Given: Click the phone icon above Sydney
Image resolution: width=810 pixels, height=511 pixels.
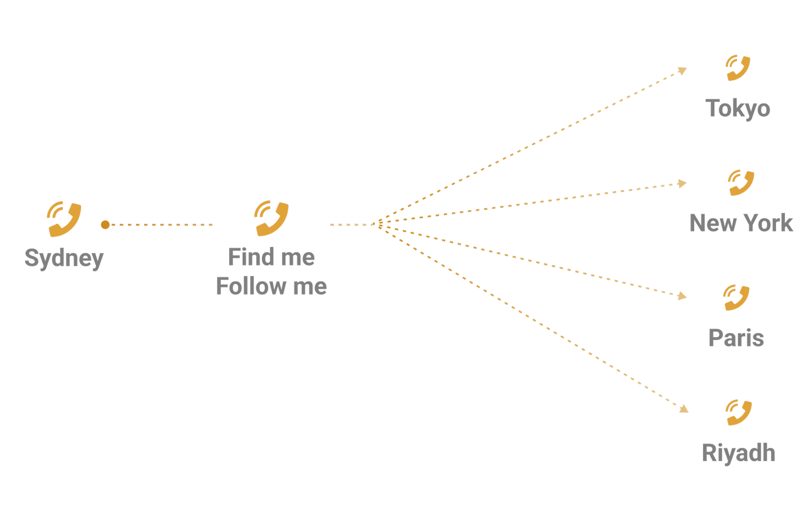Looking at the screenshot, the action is [x=64, y=219].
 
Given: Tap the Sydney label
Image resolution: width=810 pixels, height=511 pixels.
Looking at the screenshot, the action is [x=64, y=258].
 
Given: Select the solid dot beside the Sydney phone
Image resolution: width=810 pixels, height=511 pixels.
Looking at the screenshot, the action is [x=105, y=225].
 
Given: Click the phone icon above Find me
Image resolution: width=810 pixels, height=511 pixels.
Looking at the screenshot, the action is [x=271, y=219].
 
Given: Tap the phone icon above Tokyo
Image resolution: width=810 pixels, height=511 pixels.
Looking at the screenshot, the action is [x=738, y=68].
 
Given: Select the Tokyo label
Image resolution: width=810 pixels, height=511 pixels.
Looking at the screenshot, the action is [x=738, y=109].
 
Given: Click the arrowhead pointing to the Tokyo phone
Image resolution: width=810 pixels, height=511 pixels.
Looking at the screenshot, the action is [x=682, y=71].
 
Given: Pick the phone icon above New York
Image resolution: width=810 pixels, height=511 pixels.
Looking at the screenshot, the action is [x=741, y=183].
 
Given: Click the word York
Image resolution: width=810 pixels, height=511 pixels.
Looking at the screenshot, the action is [x=768, y=223].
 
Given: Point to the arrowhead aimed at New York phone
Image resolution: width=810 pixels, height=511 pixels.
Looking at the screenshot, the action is [x=682, y=183].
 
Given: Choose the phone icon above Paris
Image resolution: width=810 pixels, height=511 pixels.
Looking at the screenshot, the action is [x=736, y=298].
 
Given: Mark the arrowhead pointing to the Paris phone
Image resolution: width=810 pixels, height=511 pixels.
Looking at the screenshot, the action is [x=682, y=296].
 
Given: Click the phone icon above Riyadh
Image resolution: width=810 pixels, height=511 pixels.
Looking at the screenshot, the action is [x=739, y=412].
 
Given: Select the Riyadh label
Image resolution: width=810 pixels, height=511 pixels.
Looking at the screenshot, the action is [x=739, y=453].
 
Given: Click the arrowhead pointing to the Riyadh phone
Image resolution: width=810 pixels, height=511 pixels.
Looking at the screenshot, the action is [x=684, y=409].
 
